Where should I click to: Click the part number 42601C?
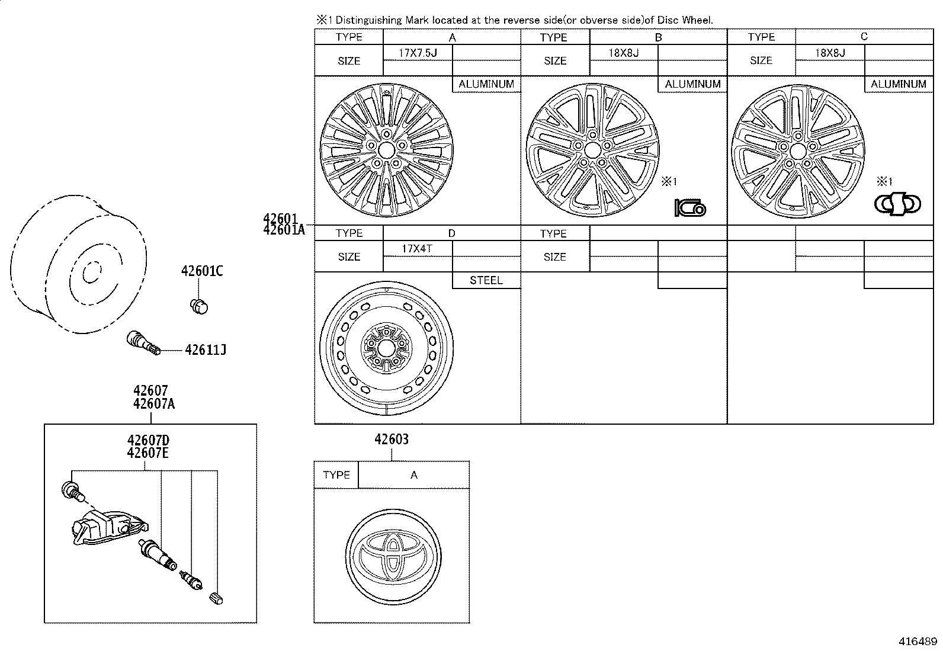(202, 271)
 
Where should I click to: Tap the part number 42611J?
(206, 350)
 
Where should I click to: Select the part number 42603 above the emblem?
(392, 439)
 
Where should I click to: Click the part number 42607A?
(153, 404)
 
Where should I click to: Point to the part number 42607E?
(147, 453)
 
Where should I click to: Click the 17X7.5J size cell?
(418, 53)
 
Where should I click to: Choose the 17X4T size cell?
(417, 248)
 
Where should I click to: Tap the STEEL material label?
(486, 280)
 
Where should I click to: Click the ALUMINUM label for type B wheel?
(692, 84)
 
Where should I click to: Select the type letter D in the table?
(452, 233)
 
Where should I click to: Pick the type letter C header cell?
(864, 37)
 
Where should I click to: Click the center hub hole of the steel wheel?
(386, 348)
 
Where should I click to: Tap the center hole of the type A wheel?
(386, 150)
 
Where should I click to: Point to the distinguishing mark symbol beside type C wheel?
(897, 204)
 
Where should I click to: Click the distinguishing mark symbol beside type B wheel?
(690, 207)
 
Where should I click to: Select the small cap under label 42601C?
(199, 306)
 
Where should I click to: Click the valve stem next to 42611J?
(143, 344)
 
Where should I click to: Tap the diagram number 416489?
(918, 641)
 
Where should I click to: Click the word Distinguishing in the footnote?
(368, 20)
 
